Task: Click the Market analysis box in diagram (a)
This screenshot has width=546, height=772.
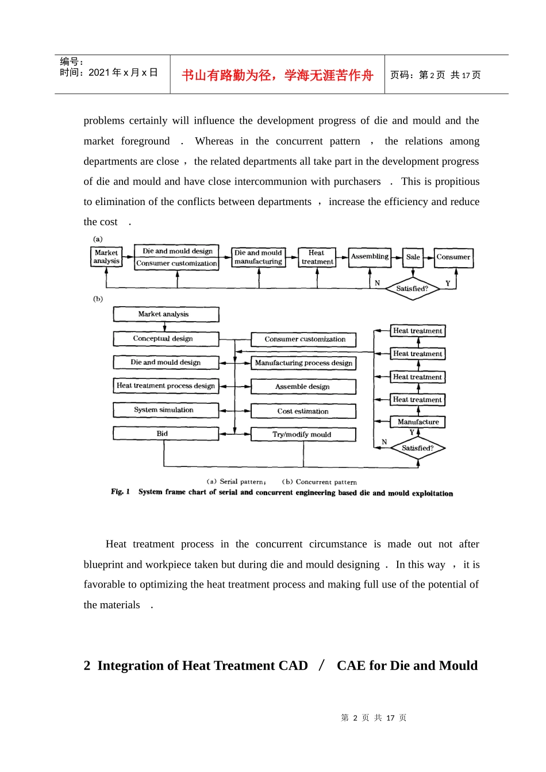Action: tap(106, 257)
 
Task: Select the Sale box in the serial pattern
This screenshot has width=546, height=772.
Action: tap(413, 257)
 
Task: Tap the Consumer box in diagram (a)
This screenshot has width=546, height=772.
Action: tap(453, 257)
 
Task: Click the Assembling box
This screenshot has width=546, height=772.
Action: tap(370, 257)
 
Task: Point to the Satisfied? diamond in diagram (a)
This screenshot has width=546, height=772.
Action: tap(412, 288)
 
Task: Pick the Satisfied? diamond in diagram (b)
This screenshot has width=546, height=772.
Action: tap(418, 448)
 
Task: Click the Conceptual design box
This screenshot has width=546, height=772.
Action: tap(166, 339)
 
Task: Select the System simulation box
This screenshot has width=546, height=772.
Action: tap(166, 410)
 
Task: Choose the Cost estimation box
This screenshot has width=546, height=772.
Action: tap(303, 411)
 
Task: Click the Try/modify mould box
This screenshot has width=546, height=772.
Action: tap(303, 435)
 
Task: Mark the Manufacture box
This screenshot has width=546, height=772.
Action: tap(418, 422)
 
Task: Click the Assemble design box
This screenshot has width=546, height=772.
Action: tap(303, 387)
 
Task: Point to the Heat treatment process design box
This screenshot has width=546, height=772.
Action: tap(166, 386)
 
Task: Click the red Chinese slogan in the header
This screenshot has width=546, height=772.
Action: tap(278, 75)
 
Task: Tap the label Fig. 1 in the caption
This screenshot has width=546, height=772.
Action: tap(120, 492)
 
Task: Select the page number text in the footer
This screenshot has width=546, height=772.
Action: tap(374, 718)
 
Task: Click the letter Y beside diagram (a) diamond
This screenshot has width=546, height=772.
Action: tap(448, 283)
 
